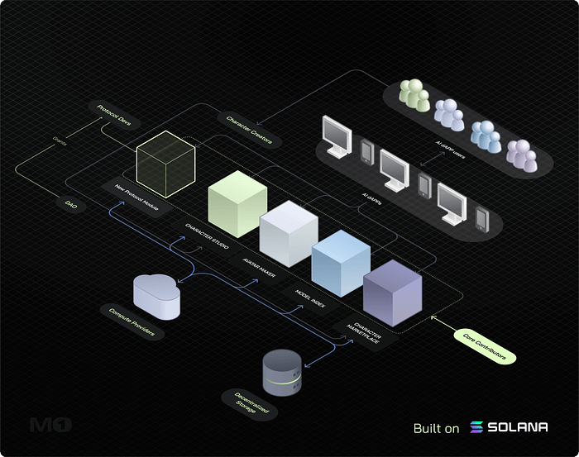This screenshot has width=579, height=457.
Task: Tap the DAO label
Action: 71,202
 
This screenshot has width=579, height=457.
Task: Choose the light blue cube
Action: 340,260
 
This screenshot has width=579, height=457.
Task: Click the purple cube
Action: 392,293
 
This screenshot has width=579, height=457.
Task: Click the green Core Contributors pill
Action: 486,345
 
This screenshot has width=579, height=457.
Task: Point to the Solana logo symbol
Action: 476,427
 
